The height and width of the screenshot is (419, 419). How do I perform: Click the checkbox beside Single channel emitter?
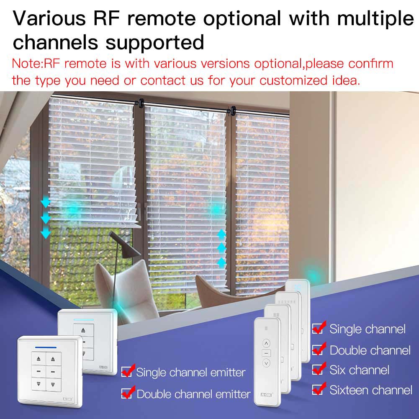tap(126, 371)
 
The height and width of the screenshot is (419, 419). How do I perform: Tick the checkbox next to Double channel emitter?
tap(126, 393)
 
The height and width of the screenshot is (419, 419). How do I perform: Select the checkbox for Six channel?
tap(318, 370)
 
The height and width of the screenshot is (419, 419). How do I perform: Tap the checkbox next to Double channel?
tap(318, 349)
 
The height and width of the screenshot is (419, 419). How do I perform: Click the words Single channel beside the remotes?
tap(367, 329)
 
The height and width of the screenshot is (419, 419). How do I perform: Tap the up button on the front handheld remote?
tap(267, 344)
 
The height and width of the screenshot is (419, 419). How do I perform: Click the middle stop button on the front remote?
tap(267, 353)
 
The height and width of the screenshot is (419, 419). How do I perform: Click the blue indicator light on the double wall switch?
tap(46, 347)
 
